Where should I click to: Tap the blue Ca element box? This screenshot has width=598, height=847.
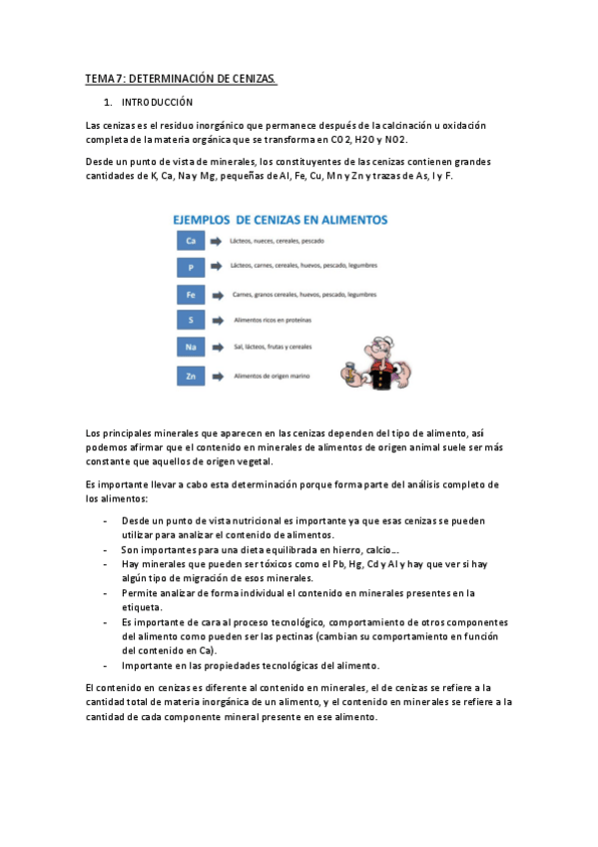point(190,241)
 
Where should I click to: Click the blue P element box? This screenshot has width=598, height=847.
point(190,268)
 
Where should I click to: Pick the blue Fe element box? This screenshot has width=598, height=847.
point(190,295)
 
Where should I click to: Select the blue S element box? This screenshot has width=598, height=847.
point(190,321)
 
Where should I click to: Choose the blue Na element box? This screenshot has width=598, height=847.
point(190,348)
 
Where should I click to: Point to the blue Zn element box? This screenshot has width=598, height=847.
point(190,376)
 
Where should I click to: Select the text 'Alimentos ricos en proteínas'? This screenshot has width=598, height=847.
point(272,321)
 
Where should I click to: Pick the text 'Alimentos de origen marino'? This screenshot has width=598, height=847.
point(272,376)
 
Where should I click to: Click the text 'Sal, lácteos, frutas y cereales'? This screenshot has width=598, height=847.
point(273,348)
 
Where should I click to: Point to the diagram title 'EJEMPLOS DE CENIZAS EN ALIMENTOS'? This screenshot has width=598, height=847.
point(282,219)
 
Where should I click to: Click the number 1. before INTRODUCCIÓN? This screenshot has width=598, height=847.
point(108,103)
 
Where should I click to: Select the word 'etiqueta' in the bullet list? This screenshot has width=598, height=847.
point(142,607)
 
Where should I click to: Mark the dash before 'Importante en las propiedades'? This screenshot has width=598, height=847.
point(106,665)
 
